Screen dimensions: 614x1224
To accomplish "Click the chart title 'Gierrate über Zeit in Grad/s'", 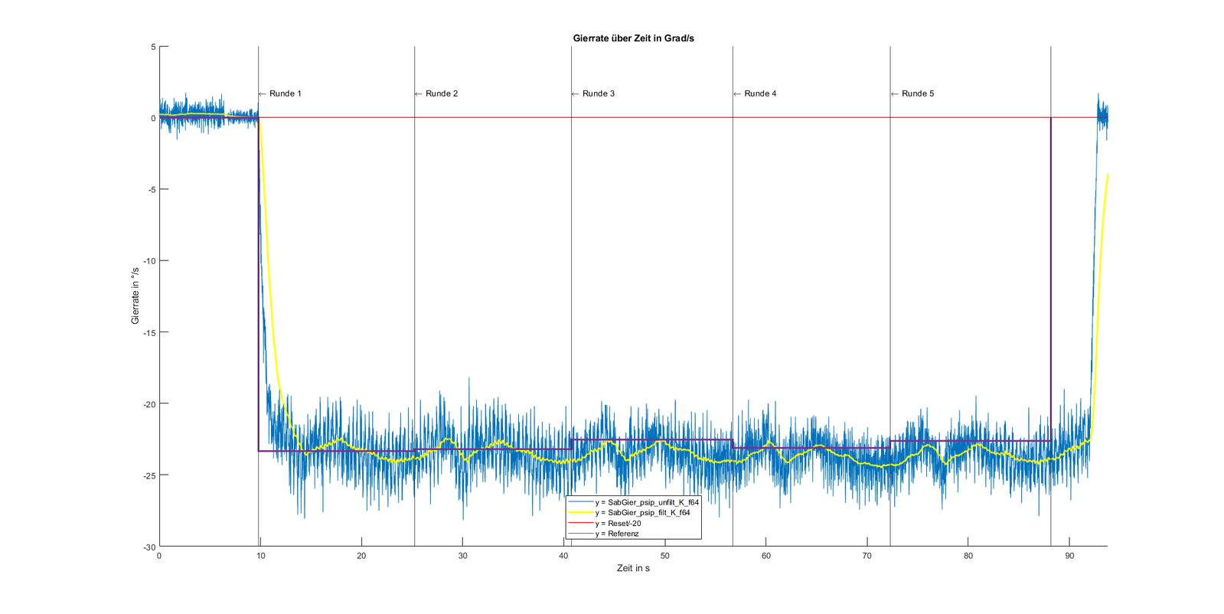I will click(x=633, y=38).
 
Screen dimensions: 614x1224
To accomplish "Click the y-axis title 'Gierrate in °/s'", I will click(x=135, y=296).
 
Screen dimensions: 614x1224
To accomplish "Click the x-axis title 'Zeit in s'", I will click(x=633, y=568).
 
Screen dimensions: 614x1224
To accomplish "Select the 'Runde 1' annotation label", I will click(x=285, y=93).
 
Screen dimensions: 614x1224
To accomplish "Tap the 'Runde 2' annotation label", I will click(x=442, y=93).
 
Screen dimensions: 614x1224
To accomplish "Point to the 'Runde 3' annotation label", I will click(x=598, y=93).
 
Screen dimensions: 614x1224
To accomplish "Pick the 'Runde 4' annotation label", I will click(x=760, y=93).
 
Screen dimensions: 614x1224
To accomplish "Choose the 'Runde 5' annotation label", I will click(x=917, y=93).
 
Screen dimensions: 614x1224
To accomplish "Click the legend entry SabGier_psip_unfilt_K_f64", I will click(x=647, y=502).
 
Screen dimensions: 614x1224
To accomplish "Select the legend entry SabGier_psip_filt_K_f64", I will click(x=642, y=513).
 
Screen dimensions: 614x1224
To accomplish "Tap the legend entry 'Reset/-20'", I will click(x=618, y=524).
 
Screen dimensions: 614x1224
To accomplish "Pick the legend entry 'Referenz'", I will click(x=617, y=534).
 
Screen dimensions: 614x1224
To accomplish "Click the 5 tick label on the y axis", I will click(x=153, y=47).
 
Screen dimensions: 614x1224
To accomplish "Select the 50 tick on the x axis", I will click(x=664, y=556).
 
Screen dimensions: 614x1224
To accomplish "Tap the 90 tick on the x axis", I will click(x=1069, y=556).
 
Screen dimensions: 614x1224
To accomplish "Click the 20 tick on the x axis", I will click(x=361, y=556).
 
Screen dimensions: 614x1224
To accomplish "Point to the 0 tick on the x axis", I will click(x=159, y=556).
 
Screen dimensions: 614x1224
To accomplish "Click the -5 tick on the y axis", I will click(x=151, y=189).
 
